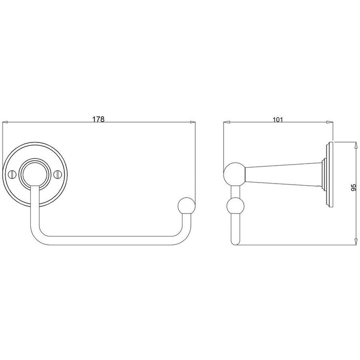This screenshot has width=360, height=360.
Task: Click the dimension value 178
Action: click(98, 119)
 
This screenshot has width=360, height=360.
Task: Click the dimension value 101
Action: click(278, 120)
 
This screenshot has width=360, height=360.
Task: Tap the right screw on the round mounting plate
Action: click(57, 174)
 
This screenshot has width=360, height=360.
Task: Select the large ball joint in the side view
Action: click(235, 174)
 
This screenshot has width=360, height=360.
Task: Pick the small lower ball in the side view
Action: click(235, 206)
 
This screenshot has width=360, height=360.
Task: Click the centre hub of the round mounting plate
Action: click(34, 174)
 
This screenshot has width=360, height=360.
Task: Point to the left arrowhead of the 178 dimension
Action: click(5, 122)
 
